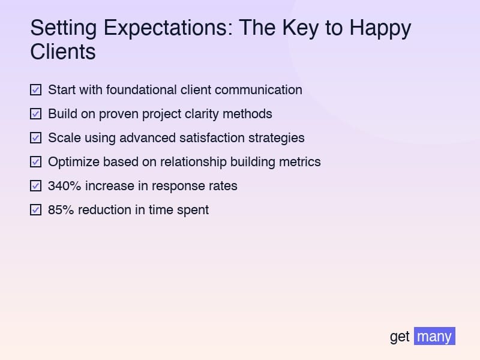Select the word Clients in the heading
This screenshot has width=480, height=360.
63,52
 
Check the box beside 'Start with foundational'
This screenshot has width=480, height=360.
35,90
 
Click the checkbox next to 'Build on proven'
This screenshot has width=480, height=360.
35,114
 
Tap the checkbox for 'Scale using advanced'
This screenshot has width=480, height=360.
35,138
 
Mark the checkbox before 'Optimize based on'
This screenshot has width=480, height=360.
35,162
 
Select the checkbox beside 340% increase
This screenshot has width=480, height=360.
35,186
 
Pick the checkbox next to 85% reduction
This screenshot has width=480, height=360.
35,210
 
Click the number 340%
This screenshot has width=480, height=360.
64,186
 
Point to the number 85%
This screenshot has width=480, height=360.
60,210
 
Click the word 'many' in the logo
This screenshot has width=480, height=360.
434,336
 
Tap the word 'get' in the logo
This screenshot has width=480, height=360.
400,337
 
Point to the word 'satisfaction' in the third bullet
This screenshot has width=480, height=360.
214,138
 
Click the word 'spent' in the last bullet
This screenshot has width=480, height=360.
193,211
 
